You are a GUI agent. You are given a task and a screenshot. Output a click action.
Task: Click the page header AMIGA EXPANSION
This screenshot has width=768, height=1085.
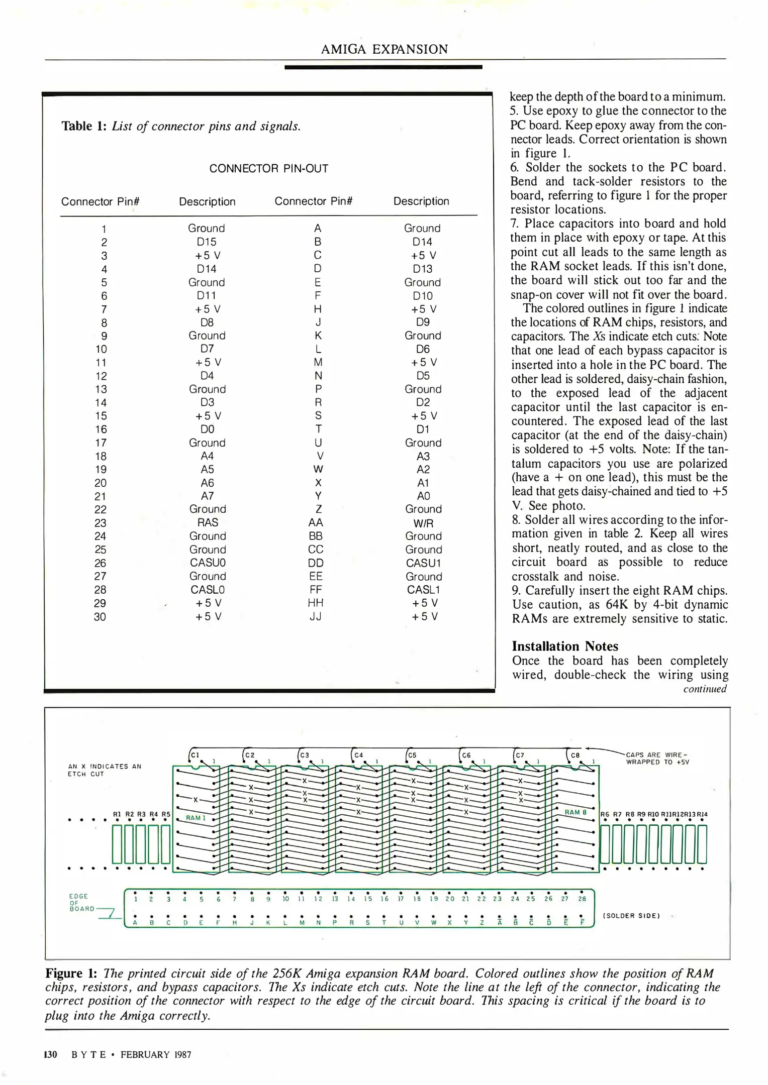(x=384, y=49)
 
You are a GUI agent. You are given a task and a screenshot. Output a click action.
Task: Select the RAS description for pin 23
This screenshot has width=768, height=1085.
(x=207, y=522)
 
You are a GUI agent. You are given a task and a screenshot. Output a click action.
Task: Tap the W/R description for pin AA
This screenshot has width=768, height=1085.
(x=423, y=523)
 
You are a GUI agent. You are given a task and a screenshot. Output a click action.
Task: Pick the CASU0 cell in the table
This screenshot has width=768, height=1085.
(x=207, y=563)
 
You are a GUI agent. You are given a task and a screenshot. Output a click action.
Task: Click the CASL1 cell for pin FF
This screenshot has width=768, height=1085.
(x=423, y=590)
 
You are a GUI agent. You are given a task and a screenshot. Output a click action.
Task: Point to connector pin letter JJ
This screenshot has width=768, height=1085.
(x=316, y=616)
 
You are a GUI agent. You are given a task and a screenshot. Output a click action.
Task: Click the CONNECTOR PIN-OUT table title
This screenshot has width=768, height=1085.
(x=268, y=169)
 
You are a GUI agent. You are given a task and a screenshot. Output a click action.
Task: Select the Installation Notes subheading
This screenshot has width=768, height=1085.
(x=565, y=646)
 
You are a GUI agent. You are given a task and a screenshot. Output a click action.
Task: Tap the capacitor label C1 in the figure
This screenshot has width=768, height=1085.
(x=195, y=755)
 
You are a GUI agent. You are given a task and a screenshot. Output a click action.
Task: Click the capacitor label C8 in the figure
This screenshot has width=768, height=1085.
(x=575, y=755)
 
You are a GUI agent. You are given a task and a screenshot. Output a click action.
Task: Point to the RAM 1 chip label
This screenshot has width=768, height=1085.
(x=196, y=818)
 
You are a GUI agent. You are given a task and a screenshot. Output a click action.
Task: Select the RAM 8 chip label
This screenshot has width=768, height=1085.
(x=575, y=812)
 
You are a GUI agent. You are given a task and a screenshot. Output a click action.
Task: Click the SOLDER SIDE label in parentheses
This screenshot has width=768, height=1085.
(x=631, y=916)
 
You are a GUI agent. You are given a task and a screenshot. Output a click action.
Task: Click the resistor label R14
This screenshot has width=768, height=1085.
(x=702, y=814)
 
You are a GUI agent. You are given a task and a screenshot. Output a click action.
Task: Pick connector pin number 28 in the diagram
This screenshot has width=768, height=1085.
(x=582, y=899)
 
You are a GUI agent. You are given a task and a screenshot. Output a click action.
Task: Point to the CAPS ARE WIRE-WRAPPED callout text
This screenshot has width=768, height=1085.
(x=657, y=758)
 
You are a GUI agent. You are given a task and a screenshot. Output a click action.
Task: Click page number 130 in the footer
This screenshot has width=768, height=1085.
(x=51, y=1055)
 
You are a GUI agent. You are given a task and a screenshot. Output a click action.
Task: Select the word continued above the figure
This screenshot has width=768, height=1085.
(x=705, y=689)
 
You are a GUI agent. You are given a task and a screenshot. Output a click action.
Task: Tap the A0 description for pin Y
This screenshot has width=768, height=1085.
(x=423, y=496)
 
